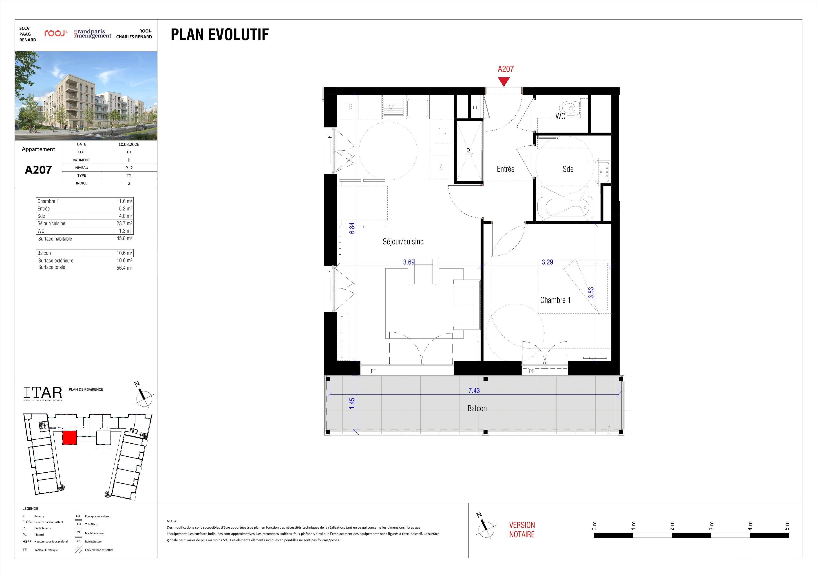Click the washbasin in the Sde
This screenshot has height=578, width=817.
point(603,172)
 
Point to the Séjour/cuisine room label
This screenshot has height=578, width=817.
point(403,242)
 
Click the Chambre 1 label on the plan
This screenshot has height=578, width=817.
point(555,300)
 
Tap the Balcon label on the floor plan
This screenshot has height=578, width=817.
point(477,409)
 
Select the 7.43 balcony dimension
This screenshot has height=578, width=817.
point(474,391)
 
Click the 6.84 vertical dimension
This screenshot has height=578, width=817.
point(352,228)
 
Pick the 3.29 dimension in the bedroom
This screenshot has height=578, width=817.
point(547,262)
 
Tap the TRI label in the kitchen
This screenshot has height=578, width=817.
point(349,107)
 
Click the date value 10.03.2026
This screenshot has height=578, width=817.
point(129,144)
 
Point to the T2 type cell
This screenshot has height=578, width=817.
point(129,176)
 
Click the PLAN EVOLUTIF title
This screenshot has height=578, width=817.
point(220,35)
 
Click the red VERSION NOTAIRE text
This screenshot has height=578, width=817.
point(522,529)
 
